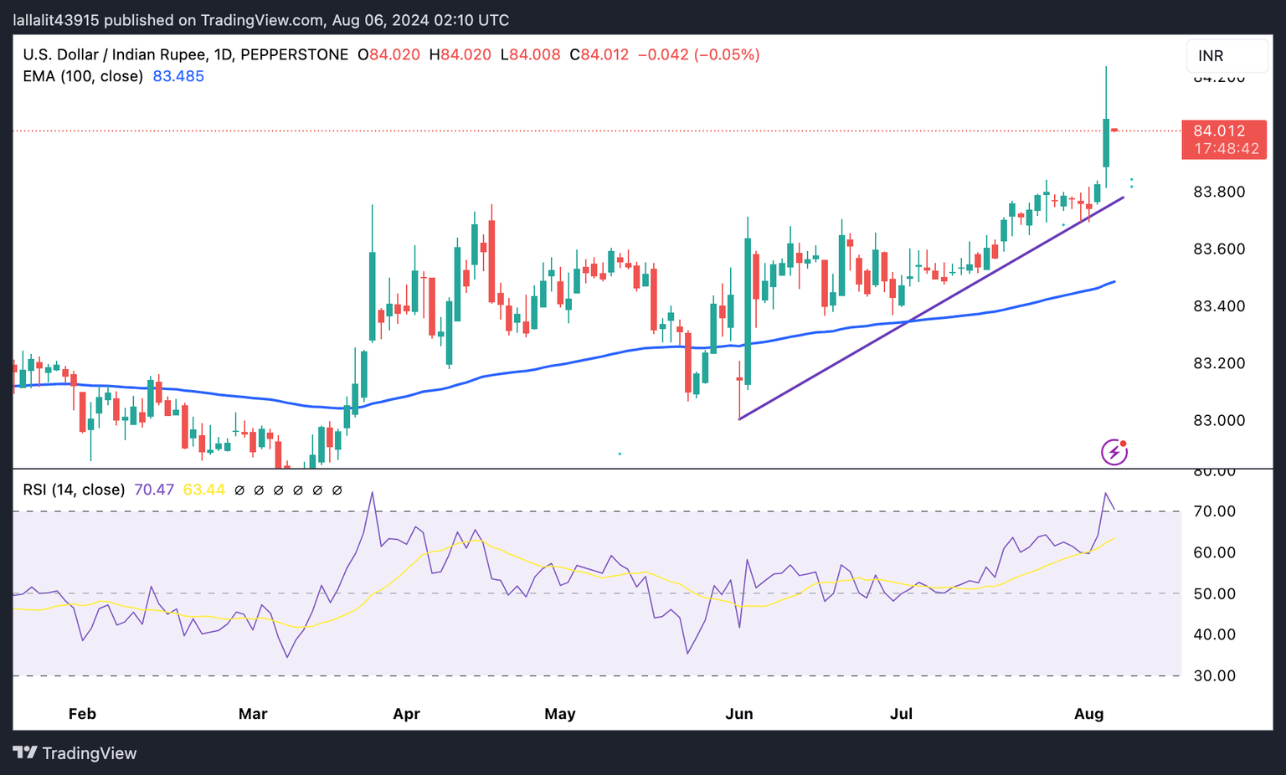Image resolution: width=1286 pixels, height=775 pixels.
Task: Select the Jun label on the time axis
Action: (738, 714)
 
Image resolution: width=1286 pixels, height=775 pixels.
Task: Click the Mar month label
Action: (253, 714)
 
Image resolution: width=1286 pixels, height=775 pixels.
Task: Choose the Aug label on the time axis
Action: (1088, 714)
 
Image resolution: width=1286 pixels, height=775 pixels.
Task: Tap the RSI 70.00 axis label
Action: (1214, 511)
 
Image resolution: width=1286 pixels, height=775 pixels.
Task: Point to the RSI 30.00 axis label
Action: (1214, 675)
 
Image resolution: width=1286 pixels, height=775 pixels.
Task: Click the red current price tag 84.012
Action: (1223, 131)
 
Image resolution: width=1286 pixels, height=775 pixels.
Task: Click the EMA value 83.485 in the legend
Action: (178, 76)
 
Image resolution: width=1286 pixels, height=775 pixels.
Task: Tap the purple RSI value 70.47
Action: (154, 490)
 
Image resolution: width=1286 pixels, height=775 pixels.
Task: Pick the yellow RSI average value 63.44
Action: (203, 490)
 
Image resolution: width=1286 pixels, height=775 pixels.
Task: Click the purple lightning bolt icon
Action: (1114, 452)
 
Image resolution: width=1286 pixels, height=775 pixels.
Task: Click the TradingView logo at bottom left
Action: (75, 753)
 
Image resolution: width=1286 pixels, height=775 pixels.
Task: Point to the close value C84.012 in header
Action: (599, 55)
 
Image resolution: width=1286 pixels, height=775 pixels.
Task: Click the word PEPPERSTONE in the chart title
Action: (294, 55)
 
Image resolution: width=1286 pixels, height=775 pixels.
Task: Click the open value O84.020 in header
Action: (388, 55)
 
